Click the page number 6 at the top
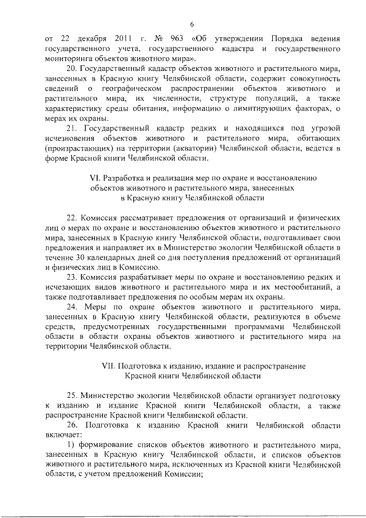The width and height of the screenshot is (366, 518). [x=193, y=23]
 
